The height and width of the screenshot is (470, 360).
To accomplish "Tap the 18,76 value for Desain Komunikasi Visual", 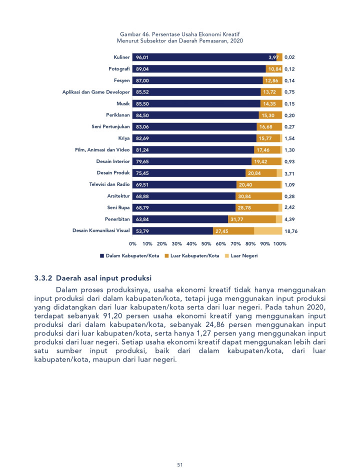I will (x=290, y=231).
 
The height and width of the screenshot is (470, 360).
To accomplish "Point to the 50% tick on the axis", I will (x=206, y=244).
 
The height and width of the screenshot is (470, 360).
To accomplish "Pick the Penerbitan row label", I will (x=117, y=219).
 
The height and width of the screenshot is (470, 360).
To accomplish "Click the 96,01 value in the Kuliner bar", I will (x=142, y=57).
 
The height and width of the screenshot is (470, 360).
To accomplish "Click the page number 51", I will (x=180, y=464).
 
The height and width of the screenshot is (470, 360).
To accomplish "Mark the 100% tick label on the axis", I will (x=280, y=244).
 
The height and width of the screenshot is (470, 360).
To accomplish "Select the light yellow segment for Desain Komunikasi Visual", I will (x=268, y=231).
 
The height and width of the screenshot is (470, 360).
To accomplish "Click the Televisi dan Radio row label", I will (x=109, y=184).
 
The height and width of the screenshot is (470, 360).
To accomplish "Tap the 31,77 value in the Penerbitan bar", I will (x=236, y=219).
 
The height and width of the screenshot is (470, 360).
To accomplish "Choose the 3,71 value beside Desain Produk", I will (x=290, y=173).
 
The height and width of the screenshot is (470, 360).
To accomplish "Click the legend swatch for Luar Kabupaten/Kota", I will (x=166, y=255).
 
